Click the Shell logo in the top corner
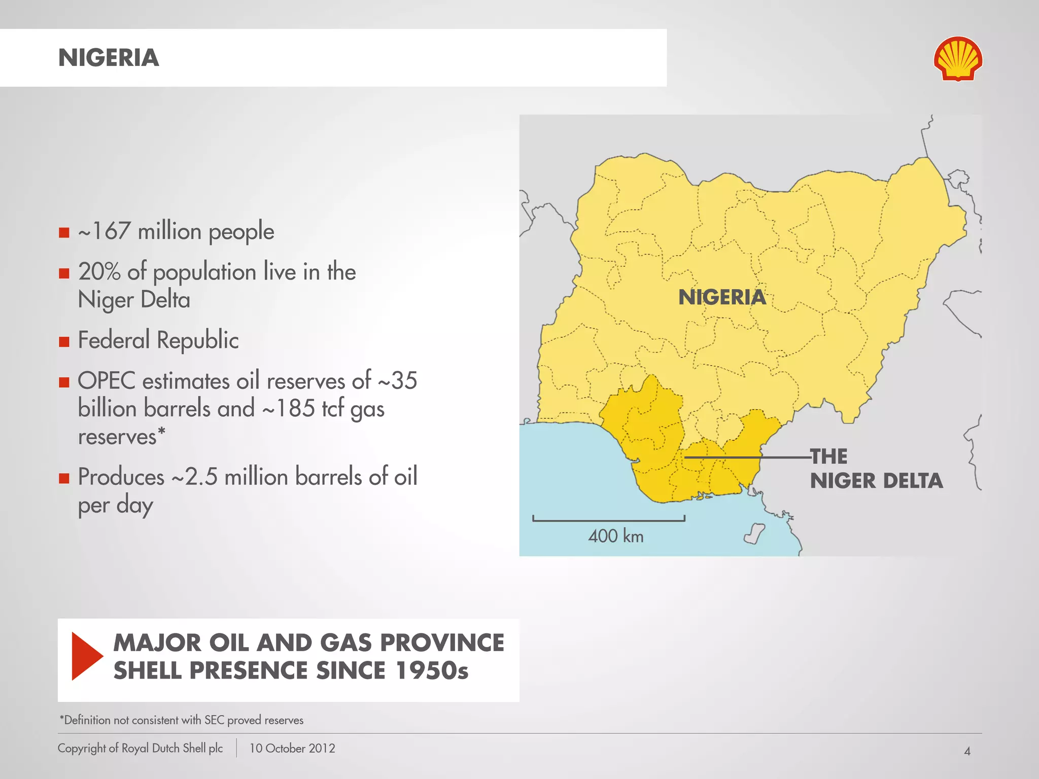coord(958,59)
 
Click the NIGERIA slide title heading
coord(109,58)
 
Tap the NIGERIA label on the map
coord(722,297)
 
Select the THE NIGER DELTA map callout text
coord(876,469)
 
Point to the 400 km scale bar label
coord(615,536)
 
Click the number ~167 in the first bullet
coord(105,231)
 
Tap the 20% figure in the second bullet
coord(99,272)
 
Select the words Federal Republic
coord(158,340)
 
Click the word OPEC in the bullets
coord(106,381)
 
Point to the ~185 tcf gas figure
coord(323,409)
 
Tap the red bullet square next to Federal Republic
coord(64,342)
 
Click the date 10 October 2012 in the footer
coord(292,749)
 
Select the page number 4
coord(967,751)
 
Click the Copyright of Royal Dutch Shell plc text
coord(140,749)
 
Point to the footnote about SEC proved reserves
coord(181,720)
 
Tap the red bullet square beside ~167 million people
coord(64,233)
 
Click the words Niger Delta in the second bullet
coord(134,300)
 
